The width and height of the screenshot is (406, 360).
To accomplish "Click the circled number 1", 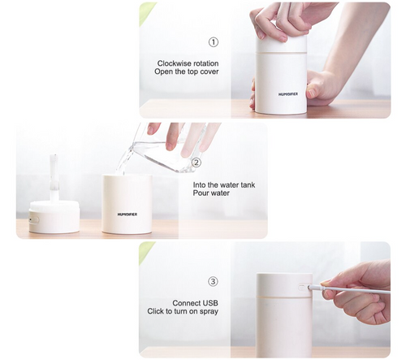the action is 214,42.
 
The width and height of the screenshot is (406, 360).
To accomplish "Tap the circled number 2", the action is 197,163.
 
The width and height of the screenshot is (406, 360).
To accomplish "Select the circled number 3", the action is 213,281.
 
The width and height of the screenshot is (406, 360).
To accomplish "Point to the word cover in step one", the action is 209,72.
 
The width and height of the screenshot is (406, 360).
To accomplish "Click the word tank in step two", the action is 247,185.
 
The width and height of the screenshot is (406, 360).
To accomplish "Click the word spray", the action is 209,312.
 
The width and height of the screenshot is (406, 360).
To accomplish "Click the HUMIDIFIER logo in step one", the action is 288,94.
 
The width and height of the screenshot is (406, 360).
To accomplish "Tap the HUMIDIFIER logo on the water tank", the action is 127,215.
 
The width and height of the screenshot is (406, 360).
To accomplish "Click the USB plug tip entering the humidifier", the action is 312,286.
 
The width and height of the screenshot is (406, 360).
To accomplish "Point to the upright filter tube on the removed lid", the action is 54,178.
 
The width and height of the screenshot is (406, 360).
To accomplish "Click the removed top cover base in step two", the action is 54,217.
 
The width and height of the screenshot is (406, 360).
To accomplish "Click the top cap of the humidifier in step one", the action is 282,42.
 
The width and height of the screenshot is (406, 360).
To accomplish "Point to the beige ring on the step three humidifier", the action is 284,297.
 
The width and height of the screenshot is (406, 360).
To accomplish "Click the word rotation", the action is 206,63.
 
